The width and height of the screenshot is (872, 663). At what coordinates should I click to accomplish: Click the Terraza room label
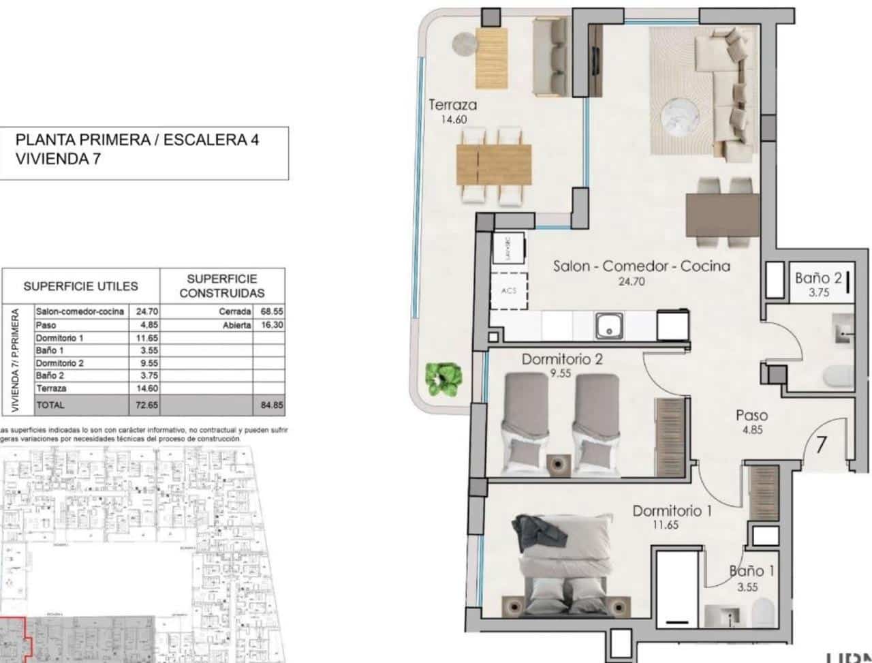452,105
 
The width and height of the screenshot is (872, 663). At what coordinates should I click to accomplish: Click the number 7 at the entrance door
822,444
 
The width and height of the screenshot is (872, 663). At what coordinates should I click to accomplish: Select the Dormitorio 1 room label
672,510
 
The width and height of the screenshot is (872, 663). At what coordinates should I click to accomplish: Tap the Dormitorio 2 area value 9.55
560,373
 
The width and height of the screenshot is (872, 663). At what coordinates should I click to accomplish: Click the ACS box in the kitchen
508,290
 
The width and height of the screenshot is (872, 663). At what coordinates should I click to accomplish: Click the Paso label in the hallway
752,415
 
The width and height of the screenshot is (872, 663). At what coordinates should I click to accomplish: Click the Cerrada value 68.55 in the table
271,311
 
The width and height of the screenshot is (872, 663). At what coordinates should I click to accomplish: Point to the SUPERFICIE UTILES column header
80,287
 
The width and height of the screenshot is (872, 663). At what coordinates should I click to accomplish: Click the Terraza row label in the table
51,388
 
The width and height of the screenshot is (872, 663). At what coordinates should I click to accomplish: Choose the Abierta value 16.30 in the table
271,325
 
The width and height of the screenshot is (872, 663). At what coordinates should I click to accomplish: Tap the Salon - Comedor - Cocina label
641,266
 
